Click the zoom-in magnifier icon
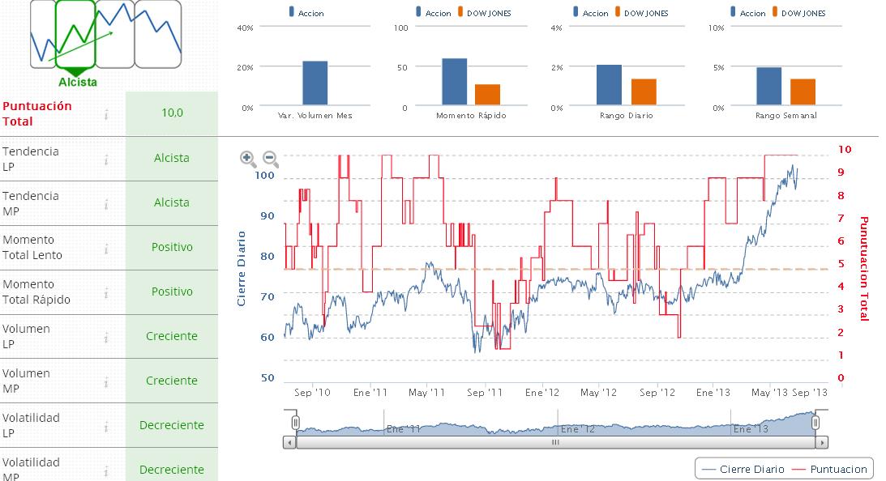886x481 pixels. [x=248, y=159]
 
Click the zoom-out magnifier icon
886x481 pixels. [x=271, y=159]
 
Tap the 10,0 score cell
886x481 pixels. [x=172, y=113]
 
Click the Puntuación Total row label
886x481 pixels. [x=37, y=113]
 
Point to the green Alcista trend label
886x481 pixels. [x=78, y=82]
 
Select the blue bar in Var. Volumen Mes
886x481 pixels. [x=315, y=83]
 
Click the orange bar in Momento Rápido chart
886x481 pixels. [x=487, y=95]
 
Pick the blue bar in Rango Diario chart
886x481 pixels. [x=609, y=85]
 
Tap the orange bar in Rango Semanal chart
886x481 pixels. [x=803, y=92]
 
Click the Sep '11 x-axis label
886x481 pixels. [x=485, y=393]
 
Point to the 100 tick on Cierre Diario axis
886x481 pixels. [x=264, y=175]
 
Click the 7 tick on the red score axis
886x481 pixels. [x=841, y=219]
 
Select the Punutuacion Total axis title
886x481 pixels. [x=863, y=268]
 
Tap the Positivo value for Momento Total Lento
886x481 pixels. [x=172, y=247]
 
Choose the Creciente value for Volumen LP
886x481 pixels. [x=172, y=336]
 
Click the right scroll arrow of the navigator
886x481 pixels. [x=823, y=443]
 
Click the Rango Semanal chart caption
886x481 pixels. [x=785, y=116]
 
